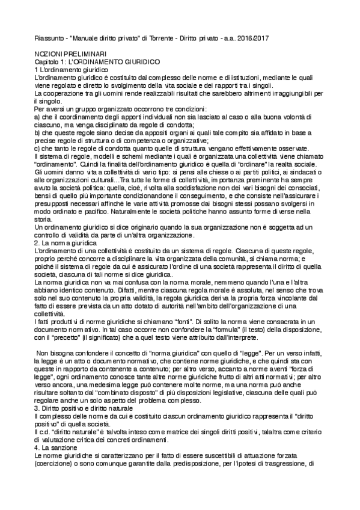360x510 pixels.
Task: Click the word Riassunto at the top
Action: coord(48,39)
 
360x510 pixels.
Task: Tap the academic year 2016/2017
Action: coord(250,39)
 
